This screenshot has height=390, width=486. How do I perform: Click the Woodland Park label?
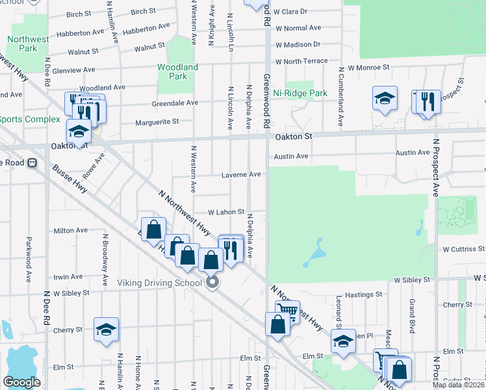click(177, 71)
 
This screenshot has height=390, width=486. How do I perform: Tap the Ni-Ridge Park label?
click(300, 93)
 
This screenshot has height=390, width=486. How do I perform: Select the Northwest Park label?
click(28, 44)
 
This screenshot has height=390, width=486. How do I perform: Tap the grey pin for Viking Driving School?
click(212, 282)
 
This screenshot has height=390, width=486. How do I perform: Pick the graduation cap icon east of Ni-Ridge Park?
click(385, 98)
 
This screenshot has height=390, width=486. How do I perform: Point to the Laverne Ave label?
click(240, 174)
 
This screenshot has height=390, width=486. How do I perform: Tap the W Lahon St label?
click(225, 212)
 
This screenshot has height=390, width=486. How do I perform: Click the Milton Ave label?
click(70, 230)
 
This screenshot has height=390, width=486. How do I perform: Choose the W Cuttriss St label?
click(463, 248)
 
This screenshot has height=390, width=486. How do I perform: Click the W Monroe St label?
click(368, 67)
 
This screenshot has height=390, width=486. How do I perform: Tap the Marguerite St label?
click(157, 122)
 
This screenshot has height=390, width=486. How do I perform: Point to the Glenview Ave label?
click(75, 70)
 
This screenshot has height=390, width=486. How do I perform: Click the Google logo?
click(21, 382)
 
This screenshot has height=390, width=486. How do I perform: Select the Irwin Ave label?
click(68, 277)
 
